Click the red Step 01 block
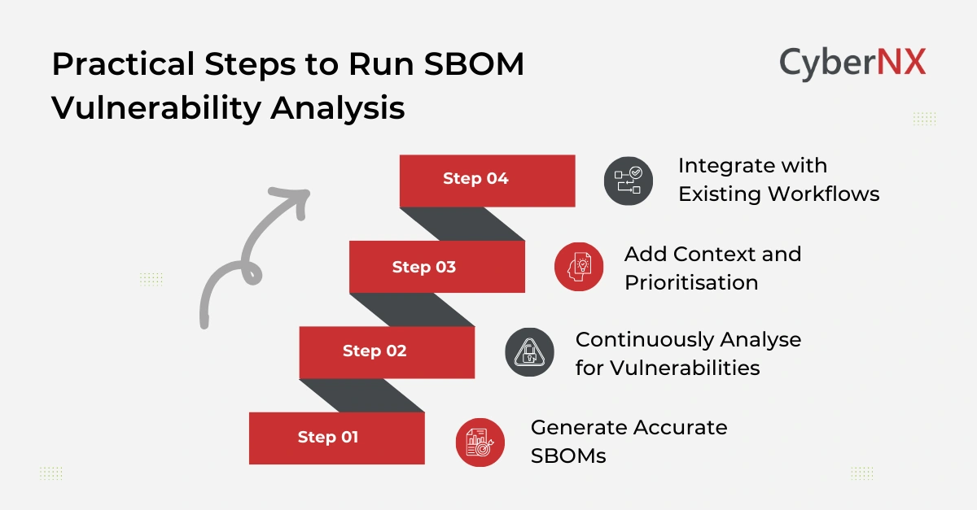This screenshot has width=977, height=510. [336, 438]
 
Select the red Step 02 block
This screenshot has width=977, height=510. [387, 351]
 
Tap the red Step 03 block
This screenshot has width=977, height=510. [436, 267]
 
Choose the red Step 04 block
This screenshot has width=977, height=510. [487, 180]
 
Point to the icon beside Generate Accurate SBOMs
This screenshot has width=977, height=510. [480, 442]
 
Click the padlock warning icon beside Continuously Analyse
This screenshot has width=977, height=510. [529, 352]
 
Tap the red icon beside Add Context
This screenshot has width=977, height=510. [579, 266]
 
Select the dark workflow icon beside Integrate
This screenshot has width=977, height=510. [629, 181]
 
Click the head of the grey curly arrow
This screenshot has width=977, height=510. [295, 198]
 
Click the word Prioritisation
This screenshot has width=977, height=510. [691, 282]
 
